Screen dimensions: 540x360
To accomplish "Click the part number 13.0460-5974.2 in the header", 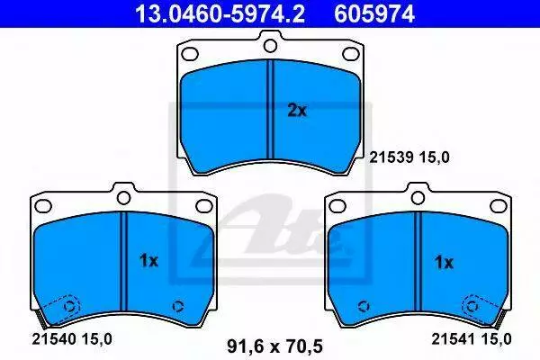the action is tap(220, 13).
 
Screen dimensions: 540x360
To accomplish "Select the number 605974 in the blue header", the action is tap(374, 13).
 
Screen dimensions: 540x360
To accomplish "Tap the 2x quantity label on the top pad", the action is tap(296, 111).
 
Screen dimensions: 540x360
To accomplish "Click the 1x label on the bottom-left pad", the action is tap(148, 261).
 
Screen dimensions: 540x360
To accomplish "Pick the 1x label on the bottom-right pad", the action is tap(444, 263).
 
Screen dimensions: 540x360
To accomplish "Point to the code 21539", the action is tap(391, 157).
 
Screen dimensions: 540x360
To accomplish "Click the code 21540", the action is tap(54, 339).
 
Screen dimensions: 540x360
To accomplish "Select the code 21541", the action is tap(454, 339).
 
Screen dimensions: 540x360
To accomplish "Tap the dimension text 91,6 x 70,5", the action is tap(274, 346).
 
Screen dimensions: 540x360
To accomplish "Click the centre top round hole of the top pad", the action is tap(270, 46).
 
